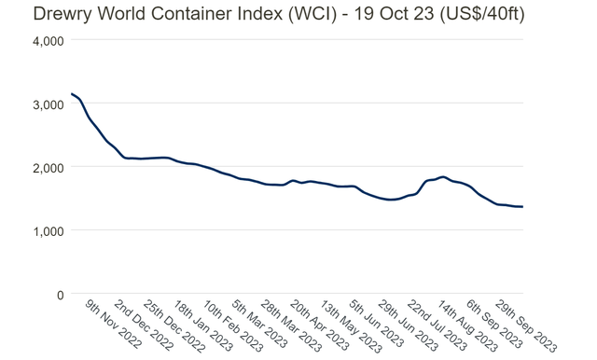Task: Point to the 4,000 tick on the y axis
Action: (47, 41)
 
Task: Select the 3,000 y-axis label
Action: (47, 104)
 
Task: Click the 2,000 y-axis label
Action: (47, 168)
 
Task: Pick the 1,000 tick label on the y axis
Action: (47, 231)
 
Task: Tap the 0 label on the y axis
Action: (59, 295)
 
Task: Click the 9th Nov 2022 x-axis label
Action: (113, 325)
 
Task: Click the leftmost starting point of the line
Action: (72, 94)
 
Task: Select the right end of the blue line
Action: (522, 207)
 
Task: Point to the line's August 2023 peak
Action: (442, 177)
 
